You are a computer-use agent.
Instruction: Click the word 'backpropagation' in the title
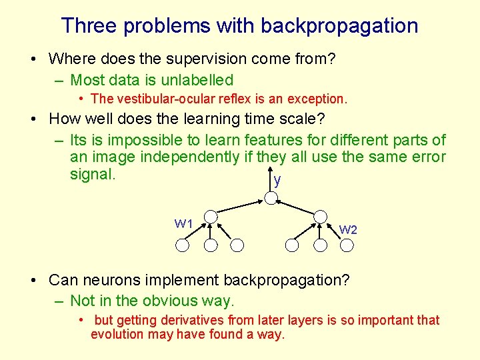pos(339,26)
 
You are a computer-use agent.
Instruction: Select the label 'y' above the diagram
pos(277,180)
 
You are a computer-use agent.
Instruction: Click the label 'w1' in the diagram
pos(183,223)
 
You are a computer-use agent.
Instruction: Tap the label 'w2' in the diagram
pos(348,229)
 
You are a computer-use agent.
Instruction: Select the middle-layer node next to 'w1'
pos(211,217)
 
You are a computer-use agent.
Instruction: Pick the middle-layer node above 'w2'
pos(321,217)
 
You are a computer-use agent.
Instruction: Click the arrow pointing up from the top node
pos(270,182)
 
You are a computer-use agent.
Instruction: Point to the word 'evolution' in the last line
pos(117,334)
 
